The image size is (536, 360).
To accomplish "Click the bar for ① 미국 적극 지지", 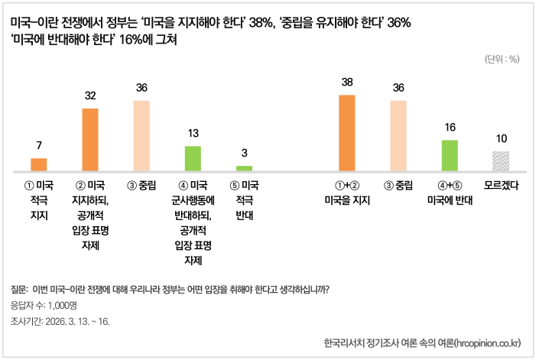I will (x=38, y=164).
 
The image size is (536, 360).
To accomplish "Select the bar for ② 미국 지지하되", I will (x=90, y=139).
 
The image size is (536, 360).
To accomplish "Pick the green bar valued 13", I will (x=193, y=157).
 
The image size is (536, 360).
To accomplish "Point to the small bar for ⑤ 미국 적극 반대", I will (x=244, y=167).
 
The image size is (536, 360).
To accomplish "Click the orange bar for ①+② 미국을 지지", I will (x=346, y=132).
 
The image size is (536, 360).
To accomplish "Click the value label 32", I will (x=90, y=96).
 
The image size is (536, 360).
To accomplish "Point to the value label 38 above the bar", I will (x=346, y=82).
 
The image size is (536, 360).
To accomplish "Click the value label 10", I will (x=501, y=138).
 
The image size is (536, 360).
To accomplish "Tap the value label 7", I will (x=38, y=145).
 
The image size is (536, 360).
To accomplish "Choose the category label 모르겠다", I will (x=502, y=185).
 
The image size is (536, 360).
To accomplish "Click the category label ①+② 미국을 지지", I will (x=346, y=193).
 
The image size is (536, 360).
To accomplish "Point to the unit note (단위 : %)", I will (x=502, y=59).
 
